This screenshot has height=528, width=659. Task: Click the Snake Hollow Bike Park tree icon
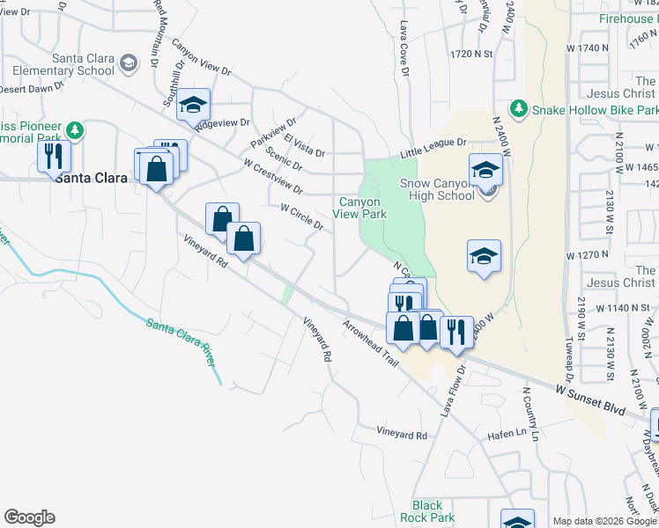point(519,109)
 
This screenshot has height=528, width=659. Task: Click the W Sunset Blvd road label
point(590,399)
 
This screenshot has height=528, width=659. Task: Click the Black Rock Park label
point(427,511)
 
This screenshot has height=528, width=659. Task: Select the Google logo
point(29,517)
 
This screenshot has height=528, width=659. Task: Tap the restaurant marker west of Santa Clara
point(55,157)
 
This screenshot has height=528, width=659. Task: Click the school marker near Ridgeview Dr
point(192,106)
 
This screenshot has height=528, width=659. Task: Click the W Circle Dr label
point(302,217)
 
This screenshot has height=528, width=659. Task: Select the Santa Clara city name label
point(91,178)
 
